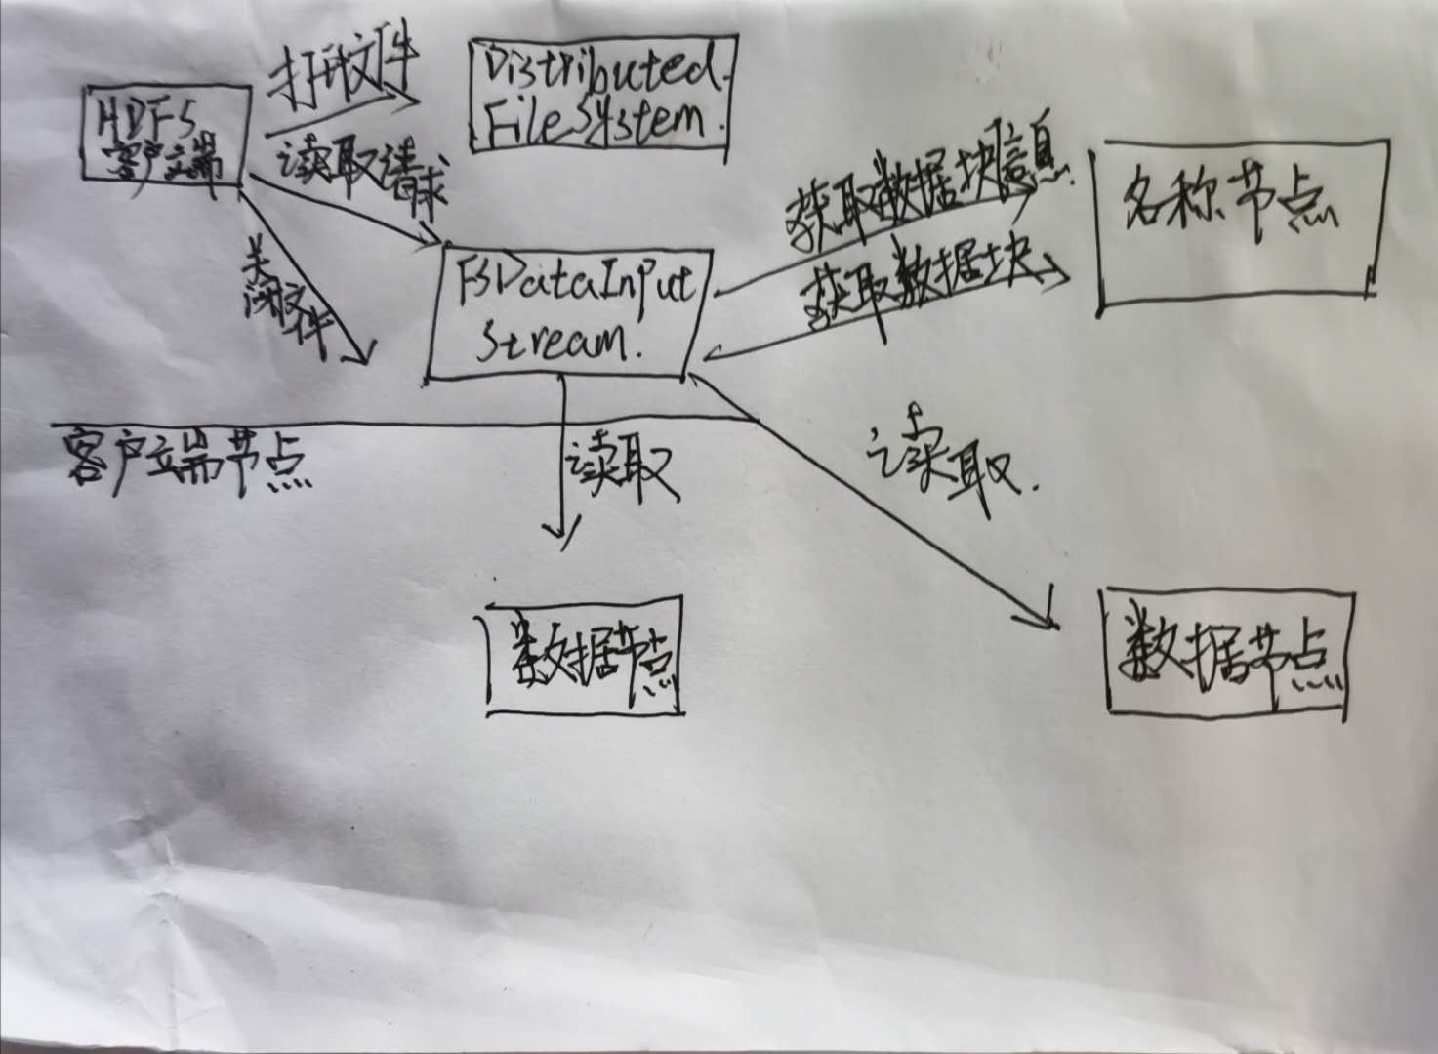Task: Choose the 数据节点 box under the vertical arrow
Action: [x=583, y=655]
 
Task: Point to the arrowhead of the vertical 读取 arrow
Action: [x=561, y=536]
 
